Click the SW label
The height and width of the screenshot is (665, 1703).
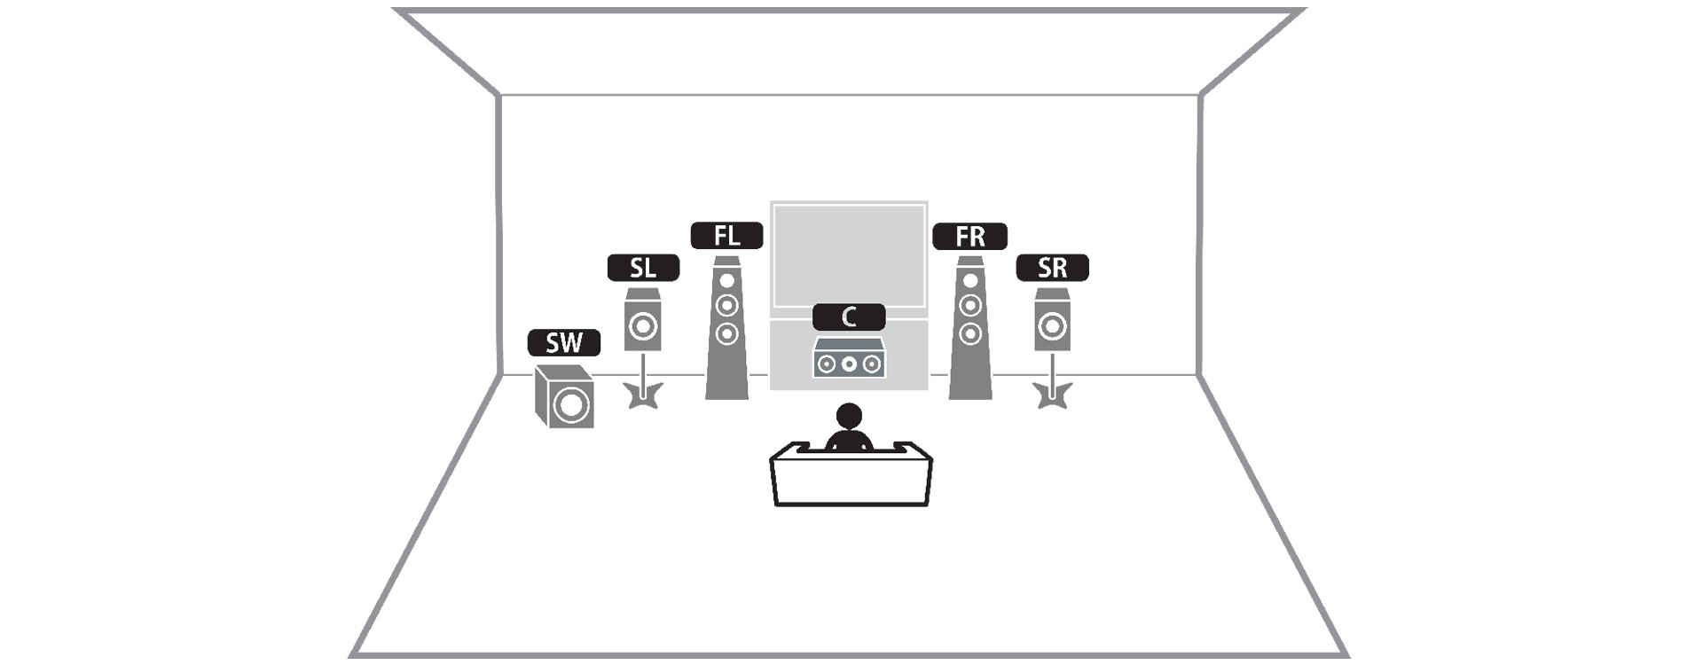coord(564,342)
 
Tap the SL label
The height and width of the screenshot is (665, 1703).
coord(643,268)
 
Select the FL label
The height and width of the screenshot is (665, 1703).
coord(726,236)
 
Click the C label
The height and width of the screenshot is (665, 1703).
coord(849,317)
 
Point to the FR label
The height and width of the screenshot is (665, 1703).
coord(970,237)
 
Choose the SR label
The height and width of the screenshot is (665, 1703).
coord(1052,268)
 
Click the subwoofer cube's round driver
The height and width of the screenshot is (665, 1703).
coord(569,406)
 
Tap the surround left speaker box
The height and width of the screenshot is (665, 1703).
coord(643,320)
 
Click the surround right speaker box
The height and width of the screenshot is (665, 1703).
coord(1052,320)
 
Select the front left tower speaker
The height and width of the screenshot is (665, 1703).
coord(726,328)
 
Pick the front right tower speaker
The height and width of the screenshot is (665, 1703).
coord(970,328)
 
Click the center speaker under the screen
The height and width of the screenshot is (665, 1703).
coord(849,358)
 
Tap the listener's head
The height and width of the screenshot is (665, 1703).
coord(849,416)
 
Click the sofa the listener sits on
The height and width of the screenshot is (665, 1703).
coord(851,473)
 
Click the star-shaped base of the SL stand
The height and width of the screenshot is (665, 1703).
coord(643,395)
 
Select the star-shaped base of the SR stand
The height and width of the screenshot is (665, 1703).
coord(1053,395)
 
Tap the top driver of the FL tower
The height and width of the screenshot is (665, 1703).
coord(727,281)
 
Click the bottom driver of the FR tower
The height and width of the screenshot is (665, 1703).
coord(970,333)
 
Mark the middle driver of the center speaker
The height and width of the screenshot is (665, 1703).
coord(849,364)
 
